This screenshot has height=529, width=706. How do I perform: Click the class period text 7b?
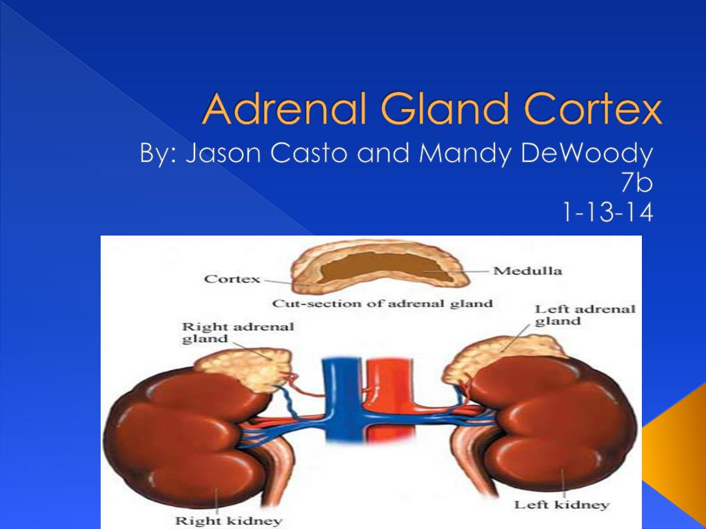(x=636, y=183)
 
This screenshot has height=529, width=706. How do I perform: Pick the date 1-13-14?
(x=608, y=212)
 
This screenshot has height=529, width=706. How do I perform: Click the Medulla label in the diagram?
(x=527, y=271)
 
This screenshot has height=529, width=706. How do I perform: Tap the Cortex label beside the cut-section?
(x=232, y=279)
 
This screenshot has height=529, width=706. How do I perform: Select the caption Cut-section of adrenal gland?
(x=382, y=304)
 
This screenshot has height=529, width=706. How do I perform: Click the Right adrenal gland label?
(x=238, y=333)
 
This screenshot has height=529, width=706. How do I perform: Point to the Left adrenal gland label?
(x=585, y=315)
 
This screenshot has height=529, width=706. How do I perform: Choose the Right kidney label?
(x=229, y=521)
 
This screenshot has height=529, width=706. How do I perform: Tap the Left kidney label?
(x=562, y=505)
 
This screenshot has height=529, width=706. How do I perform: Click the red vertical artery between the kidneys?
(x=388, y=398)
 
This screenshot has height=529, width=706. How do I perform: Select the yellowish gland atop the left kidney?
(x=500, y=355)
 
